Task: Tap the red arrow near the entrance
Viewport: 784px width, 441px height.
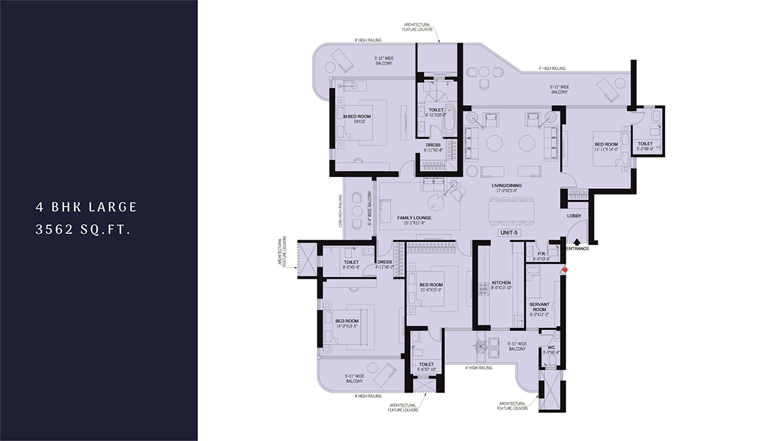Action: [x=564, y=267]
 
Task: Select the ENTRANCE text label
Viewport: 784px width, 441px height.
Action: [x=578, y=248]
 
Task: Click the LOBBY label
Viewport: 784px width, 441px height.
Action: [x=574, y=216]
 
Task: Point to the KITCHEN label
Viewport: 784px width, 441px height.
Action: [x=501, y=282]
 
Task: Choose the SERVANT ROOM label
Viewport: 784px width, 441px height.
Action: [x=542, y=306]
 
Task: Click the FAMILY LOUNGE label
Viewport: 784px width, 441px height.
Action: [x=414, y=218]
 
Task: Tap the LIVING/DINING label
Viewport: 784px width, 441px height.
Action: [x=507, y=186]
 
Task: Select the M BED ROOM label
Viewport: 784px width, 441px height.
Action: [x=357, y=116]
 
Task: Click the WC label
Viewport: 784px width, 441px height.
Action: [x=551, y=347]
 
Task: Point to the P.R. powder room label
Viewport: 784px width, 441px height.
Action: [x=541, y=254]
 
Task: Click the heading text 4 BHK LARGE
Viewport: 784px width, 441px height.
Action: [x=86, y=207]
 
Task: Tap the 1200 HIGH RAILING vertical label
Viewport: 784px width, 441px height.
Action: [x=341, y=212]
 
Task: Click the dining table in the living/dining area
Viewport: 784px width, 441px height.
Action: [x=513, y=210]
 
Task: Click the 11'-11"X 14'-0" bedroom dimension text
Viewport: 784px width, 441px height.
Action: [x=606, y=150]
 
